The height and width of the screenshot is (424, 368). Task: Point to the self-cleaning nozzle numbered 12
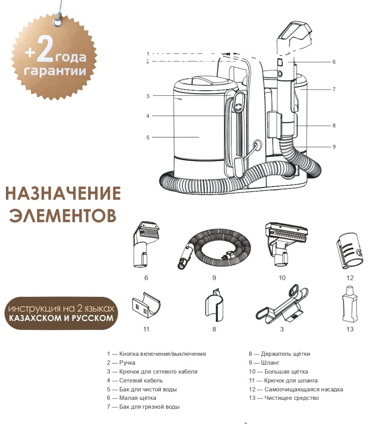(350, 251)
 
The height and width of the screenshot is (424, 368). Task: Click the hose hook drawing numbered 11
(146, 304)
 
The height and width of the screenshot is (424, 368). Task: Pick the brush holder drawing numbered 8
(215, 305)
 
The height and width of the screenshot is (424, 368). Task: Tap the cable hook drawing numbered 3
(282, 304)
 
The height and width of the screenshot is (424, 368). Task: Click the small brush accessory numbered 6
(145, 245)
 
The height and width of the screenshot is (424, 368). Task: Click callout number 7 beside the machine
(334, 89)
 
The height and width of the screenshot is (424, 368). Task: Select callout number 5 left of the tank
(148, 137)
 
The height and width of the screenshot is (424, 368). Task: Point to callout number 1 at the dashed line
(148, 54)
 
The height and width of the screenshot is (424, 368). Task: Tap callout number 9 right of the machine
(334, 147)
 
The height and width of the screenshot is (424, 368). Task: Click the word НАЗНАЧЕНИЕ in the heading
(63, 193)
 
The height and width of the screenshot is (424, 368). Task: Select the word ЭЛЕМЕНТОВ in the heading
(63, 215)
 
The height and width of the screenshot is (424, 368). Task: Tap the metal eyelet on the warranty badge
(57, 21)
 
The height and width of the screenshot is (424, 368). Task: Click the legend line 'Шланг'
(264, 363)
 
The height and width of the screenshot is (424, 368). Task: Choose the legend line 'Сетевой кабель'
(135, 380)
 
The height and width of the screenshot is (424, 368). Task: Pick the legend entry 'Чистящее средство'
(284, 398)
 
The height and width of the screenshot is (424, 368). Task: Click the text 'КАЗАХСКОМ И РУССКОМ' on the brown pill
(61, 318)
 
